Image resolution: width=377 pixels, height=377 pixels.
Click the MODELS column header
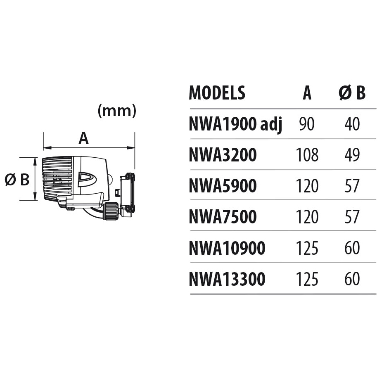tap(217, 93)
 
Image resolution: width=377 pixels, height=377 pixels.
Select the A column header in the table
tap(307, 93)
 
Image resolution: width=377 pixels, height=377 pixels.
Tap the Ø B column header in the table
tap(352, 93)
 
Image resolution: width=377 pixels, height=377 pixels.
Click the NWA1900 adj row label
tap(235, 124)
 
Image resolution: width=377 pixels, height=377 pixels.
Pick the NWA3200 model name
tap(223, 155)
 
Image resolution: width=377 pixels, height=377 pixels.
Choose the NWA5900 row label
tap(223, 186)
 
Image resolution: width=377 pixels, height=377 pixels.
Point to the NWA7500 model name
tap(223, 217)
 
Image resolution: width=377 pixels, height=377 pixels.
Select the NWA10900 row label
tap(227, 248)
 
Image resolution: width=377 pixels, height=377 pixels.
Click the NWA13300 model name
tap(227, 279)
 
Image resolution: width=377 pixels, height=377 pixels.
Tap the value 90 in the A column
tap(307, 124)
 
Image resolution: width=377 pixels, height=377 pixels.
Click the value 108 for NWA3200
tap(307, 155)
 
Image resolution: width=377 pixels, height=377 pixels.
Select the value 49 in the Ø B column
tap(352, 155)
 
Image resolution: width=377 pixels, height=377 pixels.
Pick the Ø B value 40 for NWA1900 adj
tap(352, 124)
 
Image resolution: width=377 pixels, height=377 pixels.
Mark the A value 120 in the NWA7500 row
tap(307, 217)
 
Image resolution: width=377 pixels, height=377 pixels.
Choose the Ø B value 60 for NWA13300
tap(352, 279)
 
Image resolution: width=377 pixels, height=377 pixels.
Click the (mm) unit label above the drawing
tap(116, 111)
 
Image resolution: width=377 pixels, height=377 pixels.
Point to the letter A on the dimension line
tap(84, 139)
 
